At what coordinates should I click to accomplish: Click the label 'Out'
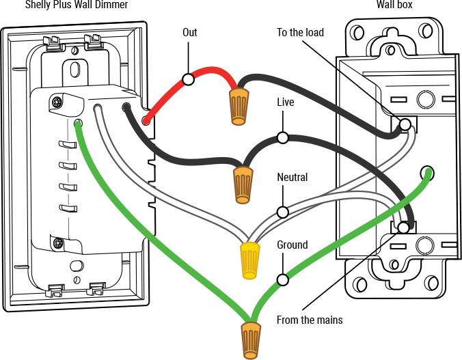click(x=190, y=32)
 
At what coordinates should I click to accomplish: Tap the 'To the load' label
click(x=300, y=32)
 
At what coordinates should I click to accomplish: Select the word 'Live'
click(x=286, y=102)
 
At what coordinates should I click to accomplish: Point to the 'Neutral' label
click(x=292, y=178)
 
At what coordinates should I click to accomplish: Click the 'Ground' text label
click(x=292, y=245)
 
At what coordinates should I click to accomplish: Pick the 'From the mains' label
click(x=310, y=320)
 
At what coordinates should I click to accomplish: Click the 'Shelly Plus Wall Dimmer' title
click(x=77, y=5)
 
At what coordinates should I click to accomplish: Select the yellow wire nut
click(x=250, y=260)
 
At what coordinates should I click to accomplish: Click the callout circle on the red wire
click(x=189, y=79)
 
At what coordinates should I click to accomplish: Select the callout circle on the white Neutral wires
click(x=281, y=211)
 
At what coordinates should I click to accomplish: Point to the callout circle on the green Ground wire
click(x=281, y=279)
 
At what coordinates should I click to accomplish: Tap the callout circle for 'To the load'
click(x=405, y=124)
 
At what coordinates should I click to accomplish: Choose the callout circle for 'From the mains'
click(x=404, y=227)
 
